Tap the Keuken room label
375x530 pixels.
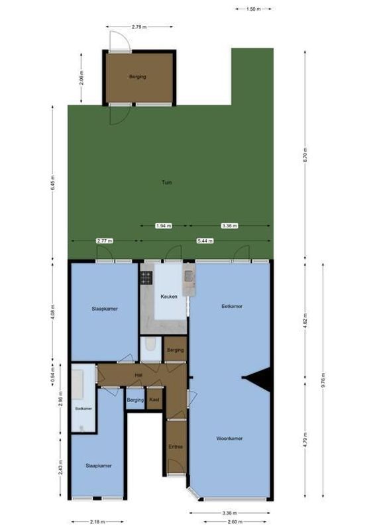(x=168, y=297)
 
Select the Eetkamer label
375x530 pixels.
(x=231, y=306)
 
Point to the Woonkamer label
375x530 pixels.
(x=229, y=439)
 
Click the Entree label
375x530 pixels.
(x=176, y=446)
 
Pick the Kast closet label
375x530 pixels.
(x=154, y=400)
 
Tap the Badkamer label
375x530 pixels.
(x=83, y=409)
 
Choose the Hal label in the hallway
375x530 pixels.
(x=138, y=374)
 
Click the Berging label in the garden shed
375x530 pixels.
(x=137, y=77)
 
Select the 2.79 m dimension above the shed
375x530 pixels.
(x=138, y=27)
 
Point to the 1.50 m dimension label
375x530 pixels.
(x=253, y=9)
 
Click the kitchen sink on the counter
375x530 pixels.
(x=188, y=276)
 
